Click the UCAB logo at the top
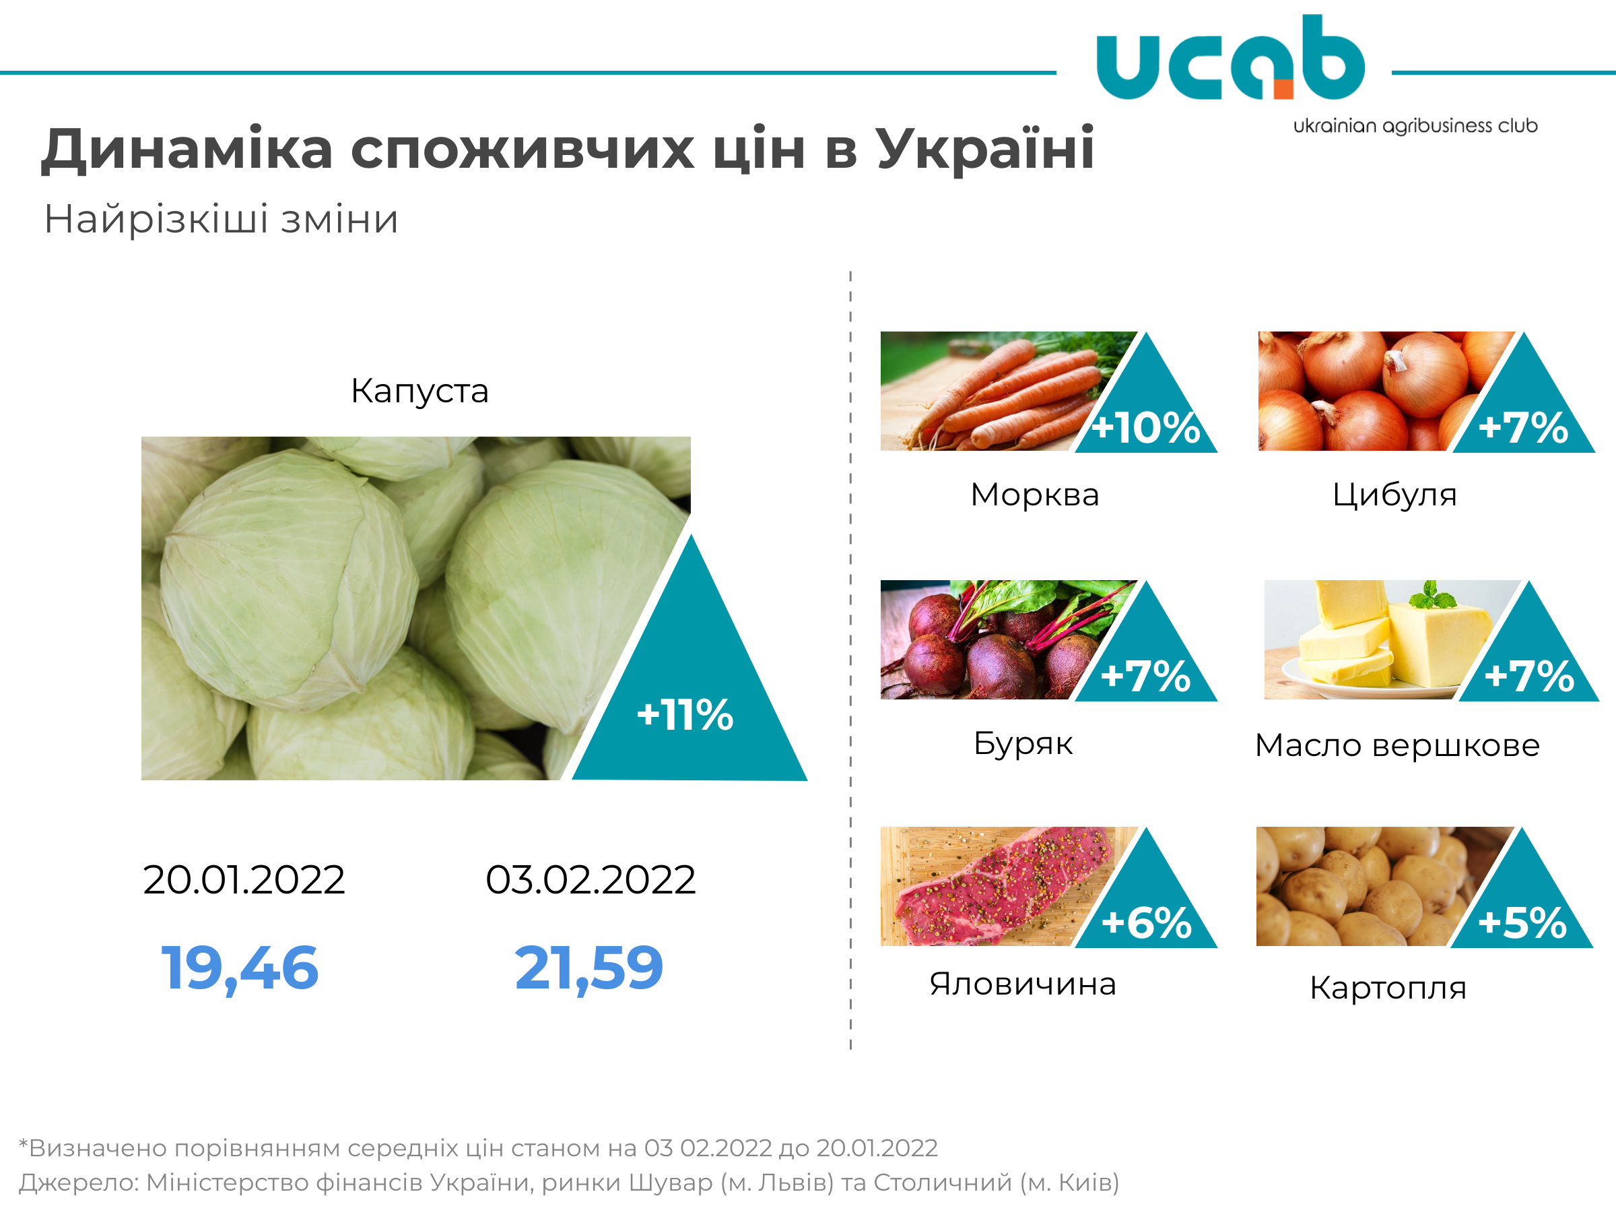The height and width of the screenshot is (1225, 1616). click(1230, 57)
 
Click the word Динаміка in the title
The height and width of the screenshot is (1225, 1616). click(187, 150)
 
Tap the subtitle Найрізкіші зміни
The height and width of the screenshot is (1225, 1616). click(222, 218)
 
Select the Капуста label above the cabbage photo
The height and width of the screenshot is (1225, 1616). click(419, 390)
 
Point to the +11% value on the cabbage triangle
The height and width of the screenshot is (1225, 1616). click(685, 715)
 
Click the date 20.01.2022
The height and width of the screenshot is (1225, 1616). click(244, 879)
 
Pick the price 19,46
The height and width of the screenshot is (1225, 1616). click(240, 968)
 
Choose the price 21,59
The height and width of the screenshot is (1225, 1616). click(589, 968)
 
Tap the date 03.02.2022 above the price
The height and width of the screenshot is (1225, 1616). click(591, 879)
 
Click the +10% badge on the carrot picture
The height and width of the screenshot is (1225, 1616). click(1145, 428)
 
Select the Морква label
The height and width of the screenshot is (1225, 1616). click(1034, 495)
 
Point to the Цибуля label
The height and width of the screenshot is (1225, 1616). click(1394, 495)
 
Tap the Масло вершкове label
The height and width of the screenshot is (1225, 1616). click(1398, 745)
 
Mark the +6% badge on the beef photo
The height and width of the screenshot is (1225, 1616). click(1146, 922)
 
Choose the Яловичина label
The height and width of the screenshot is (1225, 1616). click(1023, 984)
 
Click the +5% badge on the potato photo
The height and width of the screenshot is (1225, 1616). click(1522, 922)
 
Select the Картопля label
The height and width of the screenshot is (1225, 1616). click(1388, 988)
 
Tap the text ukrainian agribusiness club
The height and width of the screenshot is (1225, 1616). click(1415, 126)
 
